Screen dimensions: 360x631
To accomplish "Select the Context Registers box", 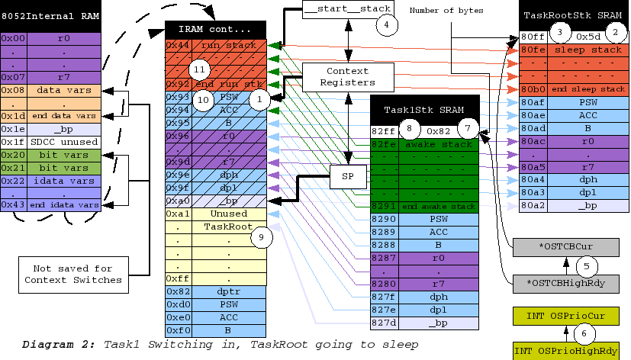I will (x=348, y=76).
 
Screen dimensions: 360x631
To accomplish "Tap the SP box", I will (x=348, y=178).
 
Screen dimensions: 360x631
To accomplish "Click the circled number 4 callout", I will (x=387, y=24).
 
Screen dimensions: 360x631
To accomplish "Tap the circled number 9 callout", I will (x=261, y=238).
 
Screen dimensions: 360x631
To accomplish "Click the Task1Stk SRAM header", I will (x=424, y=109).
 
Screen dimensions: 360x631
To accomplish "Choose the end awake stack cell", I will (x=439, y=206).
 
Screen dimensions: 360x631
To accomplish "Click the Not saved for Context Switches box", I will (x=72, y=274).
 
